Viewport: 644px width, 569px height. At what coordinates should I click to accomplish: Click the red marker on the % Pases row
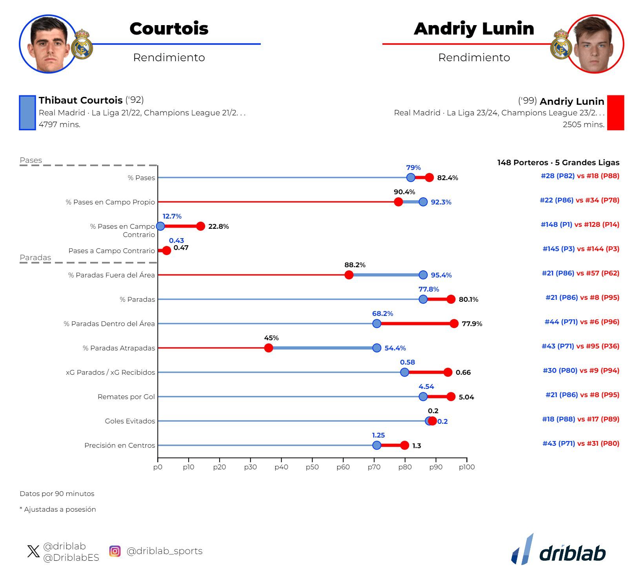coord(429,177)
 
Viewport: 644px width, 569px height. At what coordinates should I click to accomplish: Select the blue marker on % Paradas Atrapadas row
coord(377,348)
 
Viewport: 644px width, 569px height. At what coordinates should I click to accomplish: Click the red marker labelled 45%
coord(268,348)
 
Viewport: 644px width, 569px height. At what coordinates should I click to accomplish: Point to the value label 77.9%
coord(472,324)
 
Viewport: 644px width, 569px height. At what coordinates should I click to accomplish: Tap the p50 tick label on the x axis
coord(312,467)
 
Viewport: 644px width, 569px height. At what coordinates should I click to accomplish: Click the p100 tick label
coord(466,467)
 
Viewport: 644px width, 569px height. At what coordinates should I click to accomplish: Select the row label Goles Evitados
coord(130,421)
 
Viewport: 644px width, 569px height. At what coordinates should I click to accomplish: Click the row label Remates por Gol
coord(126,397)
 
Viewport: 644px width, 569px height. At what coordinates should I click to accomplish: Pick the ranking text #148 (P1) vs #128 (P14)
coord(580,224)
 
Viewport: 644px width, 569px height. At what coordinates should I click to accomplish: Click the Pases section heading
coord(31,160)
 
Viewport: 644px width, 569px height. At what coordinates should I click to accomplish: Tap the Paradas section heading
coord(35,257)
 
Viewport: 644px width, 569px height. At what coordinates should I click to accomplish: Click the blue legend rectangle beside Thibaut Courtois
coord(27,113)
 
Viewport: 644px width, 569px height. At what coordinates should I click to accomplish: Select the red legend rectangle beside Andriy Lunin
coord(615,113)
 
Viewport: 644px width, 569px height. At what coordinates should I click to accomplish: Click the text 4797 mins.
coord(60,124)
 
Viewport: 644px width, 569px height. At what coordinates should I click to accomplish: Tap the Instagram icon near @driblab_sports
coord(115,551)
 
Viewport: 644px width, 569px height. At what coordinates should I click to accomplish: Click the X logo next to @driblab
coord(34,551)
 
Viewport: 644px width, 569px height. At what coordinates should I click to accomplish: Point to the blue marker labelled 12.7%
coord(160,226)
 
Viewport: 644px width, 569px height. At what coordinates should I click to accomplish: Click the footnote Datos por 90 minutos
coord(57,494)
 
